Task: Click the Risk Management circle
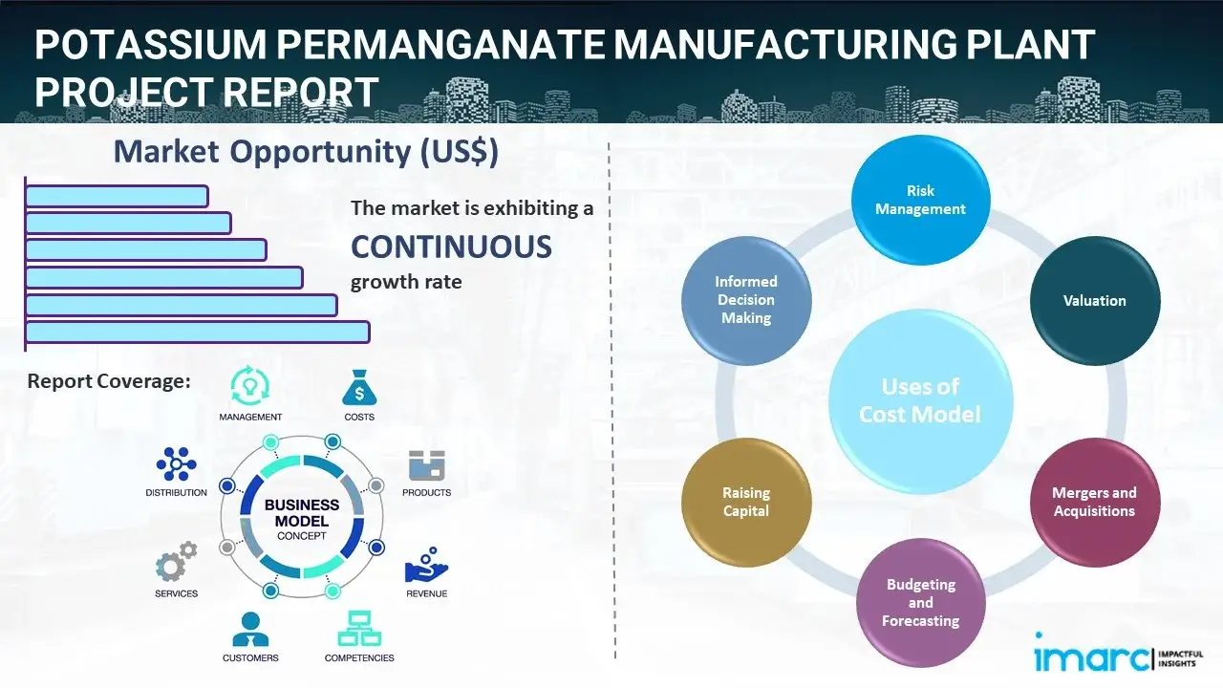tap(920, 200)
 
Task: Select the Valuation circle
tap(1094, 300)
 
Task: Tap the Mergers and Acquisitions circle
tap(1094, 502)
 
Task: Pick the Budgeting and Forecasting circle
tap(920, 602)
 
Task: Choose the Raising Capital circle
tap(746, 502)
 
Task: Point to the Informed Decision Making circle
tap(746, 300)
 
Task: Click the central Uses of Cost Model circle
tap(920, 400)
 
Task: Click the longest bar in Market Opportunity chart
tap(197, 332)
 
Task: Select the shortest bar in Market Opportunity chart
tap(117, 196)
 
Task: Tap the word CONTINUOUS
tap(451, 247)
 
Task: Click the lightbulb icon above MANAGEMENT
tap(249, 386)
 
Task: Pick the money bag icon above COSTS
tap(358, 388)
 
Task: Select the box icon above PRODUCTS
tap(427, 466)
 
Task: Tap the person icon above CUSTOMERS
tap(250, 630)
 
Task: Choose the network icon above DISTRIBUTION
tap(176, 464)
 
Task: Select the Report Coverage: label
tap(109, 381)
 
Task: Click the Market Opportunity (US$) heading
tap(306, 152)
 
